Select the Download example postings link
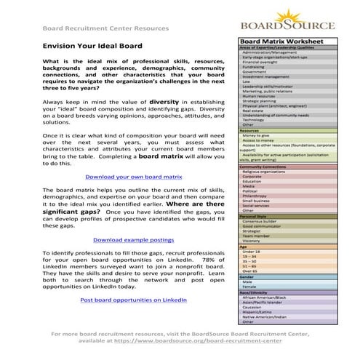coord(134,239)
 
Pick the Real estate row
coord(254,110)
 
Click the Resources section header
coord(250,129)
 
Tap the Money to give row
coord(257,135)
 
